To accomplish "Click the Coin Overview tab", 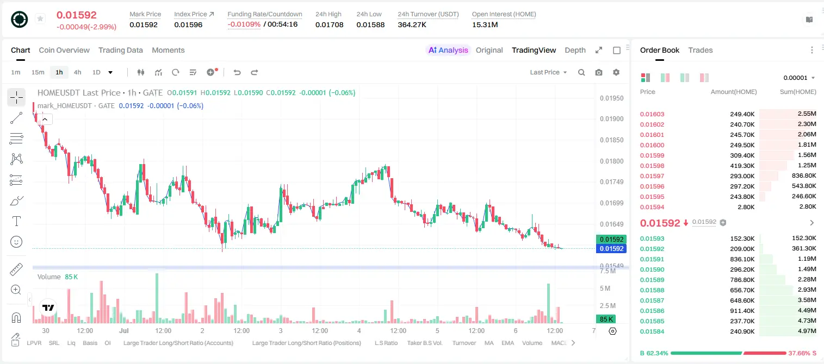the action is point(64,50).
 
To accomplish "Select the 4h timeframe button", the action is point(77,72).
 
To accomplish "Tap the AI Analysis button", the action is point(448,50).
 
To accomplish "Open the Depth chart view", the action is point(575,50).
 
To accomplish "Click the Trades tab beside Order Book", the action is point(701,50).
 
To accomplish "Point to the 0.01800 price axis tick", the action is point(612,161).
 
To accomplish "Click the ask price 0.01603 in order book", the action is point(652,114).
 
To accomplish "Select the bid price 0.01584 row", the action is point(652,331).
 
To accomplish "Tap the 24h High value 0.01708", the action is point(329,24).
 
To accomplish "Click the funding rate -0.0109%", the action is point(244,24).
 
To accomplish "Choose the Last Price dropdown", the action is point(548,72).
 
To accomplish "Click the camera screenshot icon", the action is point(599,72).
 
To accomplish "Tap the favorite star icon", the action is point(40,18).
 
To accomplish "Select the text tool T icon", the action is point(16,221).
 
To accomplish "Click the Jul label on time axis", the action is point(124,330).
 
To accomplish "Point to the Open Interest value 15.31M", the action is point(485,24).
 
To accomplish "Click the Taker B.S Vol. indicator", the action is point(425,343).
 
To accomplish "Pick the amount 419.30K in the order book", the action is point(742,166).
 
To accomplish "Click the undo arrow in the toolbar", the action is point(237,72).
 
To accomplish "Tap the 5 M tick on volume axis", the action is point(605,288).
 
